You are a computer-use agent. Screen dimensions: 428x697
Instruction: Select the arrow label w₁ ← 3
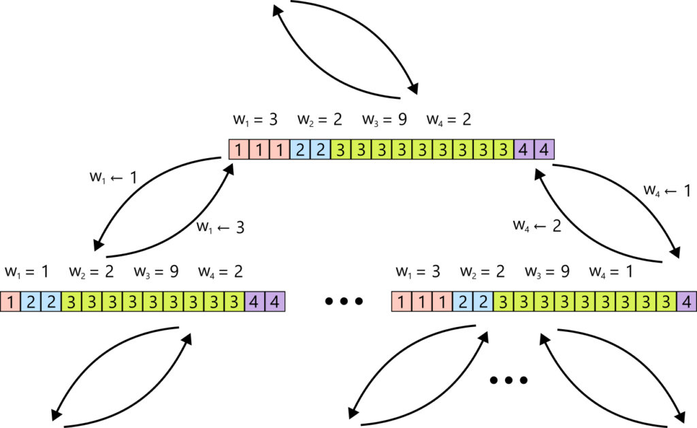click(220, 226)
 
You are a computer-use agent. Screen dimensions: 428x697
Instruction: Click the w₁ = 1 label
click(27, 272)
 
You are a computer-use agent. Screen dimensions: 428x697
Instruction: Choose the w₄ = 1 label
click(611, 272)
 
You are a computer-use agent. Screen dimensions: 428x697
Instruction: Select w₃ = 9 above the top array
click(384, 120)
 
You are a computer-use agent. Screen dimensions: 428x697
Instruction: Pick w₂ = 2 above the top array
click(319, 120)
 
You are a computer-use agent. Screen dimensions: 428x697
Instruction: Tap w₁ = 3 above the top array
click(255, 120)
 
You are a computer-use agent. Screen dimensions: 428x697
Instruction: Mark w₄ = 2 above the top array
click(449, 120)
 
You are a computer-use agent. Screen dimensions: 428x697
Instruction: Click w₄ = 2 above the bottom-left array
click(221, 272)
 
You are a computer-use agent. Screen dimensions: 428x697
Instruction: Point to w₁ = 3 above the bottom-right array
click(417, 272)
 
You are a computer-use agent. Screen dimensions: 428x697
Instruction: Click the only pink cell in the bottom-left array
click(10, 301)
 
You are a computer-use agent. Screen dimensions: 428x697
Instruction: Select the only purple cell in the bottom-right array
click(686, 301)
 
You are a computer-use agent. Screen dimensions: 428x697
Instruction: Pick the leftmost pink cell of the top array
click(238, 149)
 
